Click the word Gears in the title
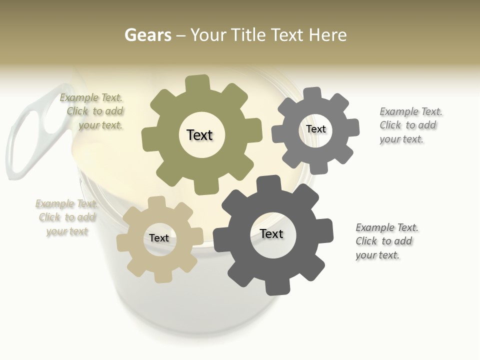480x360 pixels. point(147,35)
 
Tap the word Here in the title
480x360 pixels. point(327,35)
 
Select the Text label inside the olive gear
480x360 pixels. point(199,135)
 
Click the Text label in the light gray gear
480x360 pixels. point(316,129)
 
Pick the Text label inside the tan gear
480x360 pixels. point(159,238)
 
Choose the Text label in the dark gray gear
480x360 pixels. point(271,233)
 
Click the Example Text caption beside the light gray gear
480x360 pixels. point(410,125)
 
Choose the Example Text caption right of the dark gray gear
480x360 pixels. point(386,241)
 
